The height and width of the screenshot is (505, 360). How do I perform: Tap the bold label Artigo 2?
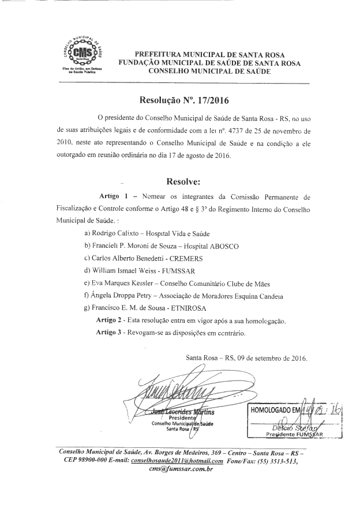tap(110, 321)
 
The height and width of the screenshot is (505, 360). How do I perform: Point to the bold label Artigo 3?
tap(110, 333)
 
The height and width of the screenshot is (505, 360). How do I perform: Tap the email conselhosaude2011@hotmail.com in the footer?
tap(177, 461)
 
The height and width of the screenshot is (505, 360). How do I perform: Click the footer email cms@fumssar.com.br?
tap(181, 470)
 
